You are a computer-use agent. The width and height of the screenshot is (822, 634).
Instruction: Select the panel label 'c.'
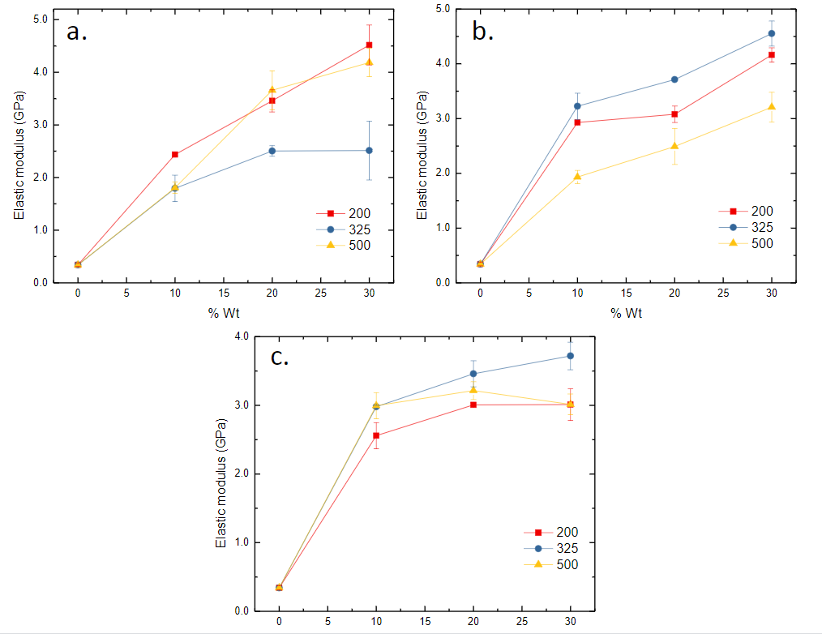[x=280, y=357]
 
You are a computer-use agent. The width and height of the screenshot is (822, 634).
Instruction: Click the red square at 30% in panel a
[x=369, y=45]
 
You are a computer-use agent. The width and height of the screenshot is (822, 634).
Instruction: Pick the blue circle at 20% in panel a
[x=272, y=151]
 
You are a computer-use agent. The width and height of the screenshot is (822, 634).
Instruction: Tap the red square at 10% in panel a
[x=175, y=154]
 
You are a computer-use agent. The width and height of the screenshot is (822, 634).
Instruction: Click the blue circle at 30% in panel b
[x=772, y=33]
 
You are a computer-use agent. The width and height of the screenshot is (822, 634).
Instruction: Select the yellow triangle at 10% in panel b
[x=577, y=176]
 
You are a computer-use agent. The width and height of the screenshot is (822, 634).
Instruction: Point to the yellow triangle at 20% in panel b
[x=674, y=146]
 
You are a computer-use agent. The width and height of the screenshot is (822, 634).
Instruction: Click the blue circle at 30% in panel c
[x=570, y=356]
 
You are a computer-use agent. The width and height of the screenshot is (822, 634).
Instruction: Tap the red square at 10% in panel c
[x=376, y=435]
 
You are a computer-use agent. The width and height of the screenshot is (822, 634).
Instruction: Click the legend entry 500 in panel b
[x=761, y=243]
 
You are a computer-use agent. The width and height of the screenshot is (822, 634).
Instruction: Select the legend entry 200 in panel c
[x=567, y=532]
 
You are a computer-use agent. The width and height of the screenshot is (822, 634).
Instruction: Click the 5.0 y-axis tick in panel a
[x=38, y=19]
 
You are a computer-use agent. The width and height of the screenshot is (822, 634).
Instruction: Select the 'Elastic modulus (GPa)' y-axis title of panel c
[x=220, y=473]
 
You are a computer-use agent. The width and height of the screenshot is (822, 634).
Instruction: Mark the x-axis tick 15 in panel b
[x=626, y=293]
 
